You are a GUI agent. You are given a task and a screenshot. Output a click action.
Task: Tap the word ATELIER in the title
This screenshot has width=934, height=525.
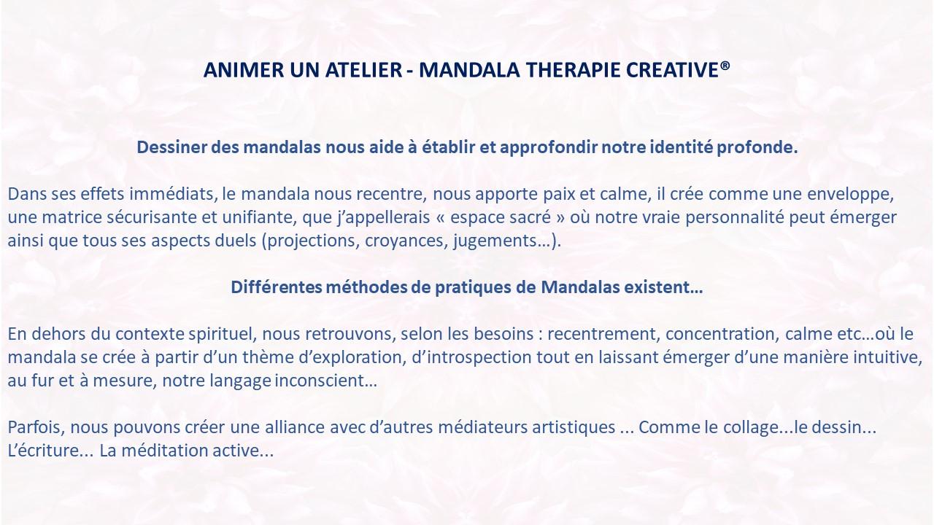(363, 70)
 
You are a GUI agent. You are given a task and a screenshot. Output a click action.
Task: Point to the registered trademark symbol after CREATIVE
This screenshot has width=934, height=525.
(725, 66)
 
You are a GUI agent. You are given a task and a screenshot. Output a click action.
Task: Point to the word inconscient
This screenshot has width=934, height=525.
(325, 381)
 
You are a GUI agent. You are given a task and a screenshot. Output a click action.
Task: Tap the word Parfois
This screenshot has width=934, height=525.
(36, 427)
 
